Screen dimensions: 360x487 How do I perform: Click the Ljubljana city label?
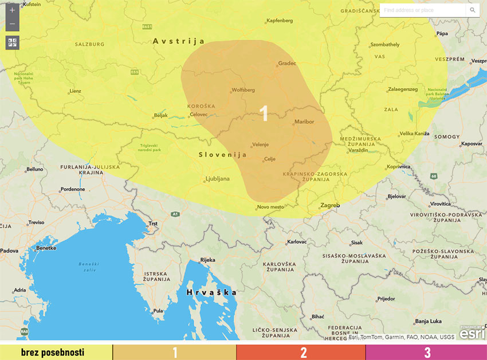point(218,179)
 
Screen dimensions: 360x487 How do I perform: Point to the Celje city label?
point(270,159)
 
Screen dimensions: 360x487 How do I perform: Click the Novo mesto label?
point(270,207)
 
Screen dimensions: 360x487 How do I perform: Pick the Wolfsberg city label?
point(243,90)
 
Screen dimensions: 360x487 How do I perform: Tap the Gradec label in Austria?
point(287,63)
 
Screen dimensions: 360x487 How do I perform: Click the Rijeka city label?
point(207,260)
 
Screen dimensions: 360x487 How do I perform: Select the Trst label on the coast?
point(153,224)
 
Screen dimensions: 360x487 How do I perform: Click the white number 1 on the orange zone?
point(264,114)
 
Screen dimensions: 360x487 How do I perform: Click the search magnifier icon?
point(473,10)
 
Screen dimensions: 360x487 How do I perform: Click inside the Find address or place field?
point(422,10)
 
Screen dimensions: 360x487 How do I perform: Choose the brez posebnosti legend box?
point(56,352)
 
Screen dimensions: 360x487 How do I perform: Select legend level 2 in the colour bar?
point(303,352)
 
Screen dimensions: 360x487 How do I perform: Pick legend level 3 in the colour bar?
point(427,352)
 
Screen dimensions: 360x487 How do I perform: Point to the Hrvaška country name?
point(211,292)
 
